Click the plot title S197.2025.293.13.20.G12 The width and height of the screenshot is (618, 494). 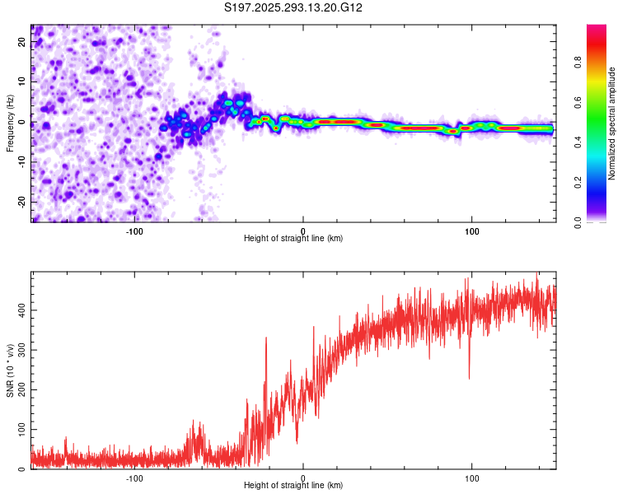pos(294,8)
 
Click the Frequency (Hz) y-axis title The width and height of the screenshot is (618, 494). pos(11,123)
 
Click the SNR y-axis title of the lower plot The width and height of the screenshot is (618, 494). pos(11,371)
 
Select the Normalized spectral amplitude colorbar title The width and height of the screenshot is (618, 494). pos(612,123)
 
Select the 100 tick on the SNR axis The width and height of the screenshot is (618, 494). pos(18,430)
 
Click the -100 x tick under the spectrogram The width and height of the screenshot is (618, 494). pos(134,231)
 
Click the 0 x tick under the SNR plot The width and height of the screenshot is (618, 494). pos(303,478)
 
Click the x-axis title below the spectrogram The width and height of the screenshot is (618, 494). pos(293,240)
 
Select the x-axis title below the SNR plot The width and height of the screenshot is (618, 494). pos(293,487)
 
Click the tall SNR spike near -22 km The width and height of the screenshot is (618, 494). pos(266,338)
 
